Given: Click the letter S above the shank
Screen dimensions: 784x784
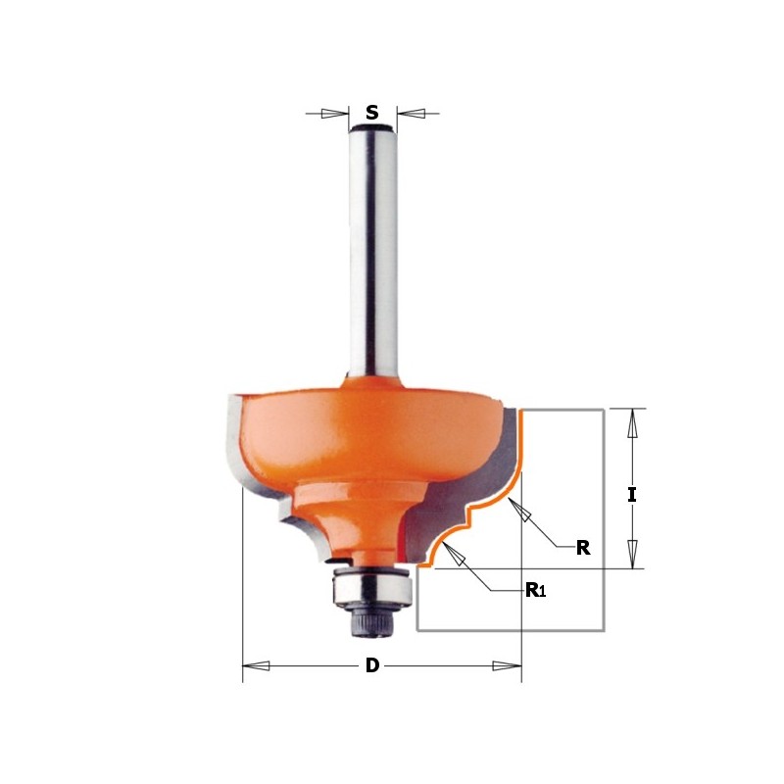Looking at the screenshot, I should point(372,114).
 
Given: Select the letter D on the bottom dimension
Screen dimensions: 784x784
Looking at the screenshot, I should point(372,666).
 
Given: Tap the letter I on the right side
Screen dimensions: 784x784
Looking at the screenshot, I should point(632,495).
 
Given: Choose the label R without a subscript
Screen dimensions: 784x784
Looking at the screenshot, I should point(582,548).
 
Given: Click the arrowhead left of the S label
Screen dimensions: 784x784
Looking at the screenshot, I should point(334,114).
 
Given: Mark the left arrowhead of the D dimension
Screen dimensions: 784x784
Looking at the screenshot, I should point(256,666).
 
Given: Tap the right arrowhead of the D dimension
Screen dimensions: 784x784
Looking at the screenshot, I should point(507,666).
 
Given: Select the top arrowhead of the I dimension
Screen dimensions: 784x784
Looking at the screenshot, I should point(633,423).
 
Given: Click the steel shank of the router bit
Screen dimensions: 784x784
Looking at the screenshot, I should point(372,255).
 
